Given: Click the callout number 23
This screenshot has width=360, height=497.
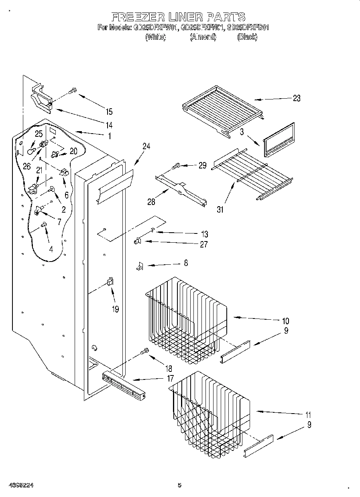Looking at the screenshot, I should pyautogui.click(x=296, y=98).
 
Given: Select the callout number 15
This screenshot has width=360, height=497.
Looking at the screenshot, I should pyautogui.click(x=109, y=112).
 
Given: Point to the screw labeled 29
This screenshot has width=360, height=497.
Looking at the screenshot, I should pyautogui.click(x=176, y=165).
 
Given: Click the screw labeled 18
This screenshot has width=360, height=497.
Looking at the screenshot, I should pyautogui.click(x=145, y=351).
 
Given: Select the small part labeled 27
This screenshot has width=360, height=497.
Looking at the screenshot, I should pyautogui.click(x=137, y=241).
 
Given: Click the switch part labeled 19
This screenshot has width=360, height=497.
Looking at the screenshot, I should pyautogui.click(x=110, y=282).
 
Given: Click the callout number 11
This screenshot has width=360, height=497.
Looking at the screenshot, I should pyautogui.click(x=308, y=415).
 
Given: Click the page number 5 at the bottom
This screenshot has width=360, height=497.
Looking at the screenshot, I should pyautogui.click(x=179, y=485).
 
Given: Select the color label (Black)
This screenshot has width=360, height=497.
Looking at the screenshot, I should pyautogui.click(x=247, y=37).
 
